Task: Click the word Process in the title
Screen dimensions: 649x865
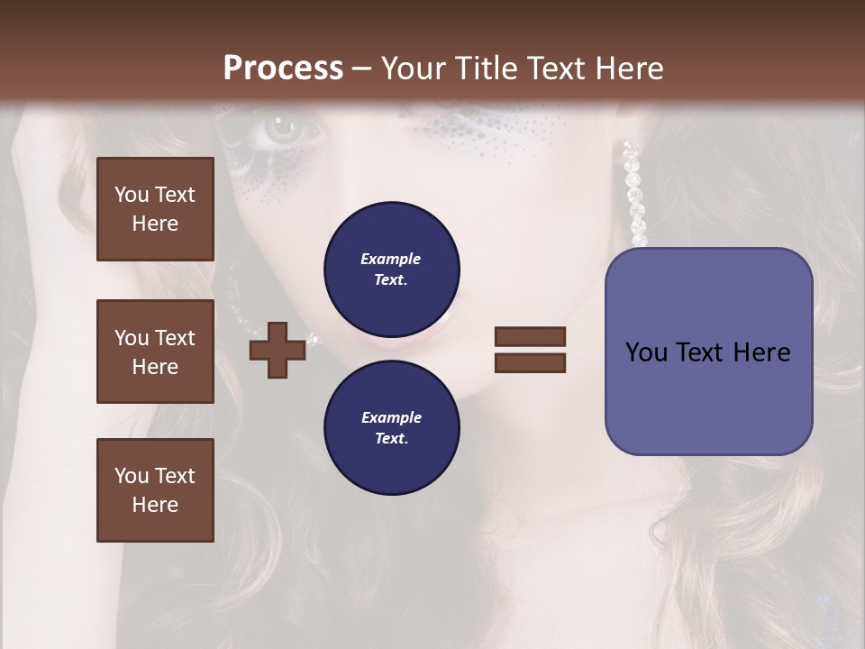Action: click(283, 68)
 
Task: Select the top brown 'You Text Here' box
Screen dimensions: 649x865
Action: click(155, 209)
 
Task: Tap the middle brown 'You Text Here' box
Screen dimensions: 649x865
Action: click(155, 352)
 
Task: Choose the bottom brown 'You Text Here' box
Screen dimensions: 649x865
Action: click(155, 490)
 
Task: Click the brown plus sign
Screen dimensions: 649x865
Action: click(277, 350)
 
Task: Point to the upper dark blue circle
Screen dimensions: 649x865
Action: click(392, 270)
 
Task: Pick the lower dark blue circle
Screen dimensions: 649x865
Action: click(392, 428)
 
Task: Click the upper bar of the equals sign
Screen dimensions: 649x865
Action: click(530, 336)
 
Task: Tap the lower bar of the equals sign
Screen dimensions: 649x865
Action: click(530, 362)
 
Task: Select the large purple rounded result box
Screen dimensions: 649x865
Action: click(708, 352)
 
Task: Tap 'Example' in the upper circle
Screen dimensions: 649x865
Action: click(391, 259)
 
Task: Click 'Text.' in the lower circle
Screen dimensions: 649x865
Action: click(391, 439)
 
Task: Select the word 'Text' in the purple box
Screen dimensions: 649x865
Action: click(707, 352)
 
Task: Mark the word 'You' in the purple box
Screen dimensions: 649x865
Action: click(646, 352)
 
